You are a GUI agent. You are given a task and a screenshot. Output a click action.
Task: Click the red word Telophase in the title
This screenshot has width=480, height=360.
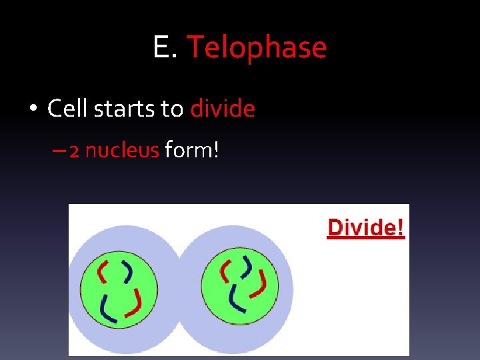point(257,48)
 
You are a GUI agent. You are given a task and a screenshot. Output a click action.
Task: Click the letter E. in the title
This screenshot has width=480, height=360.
point(165,48)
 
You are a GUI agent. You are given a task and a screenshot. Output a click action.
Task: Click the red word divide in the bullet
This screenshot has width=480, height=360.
point(223,108)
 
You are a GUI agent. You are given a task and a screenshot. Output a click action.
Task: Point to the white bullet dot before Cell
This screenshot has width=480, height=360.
point(33,109)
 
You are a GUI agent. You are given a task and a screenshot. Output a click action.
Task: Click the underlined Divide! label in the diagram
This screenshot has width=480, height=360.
point(366,228)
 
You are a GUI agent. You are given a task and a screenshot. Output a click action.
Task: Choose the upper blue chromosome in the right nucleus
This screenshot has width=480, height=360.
point(247,265)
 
